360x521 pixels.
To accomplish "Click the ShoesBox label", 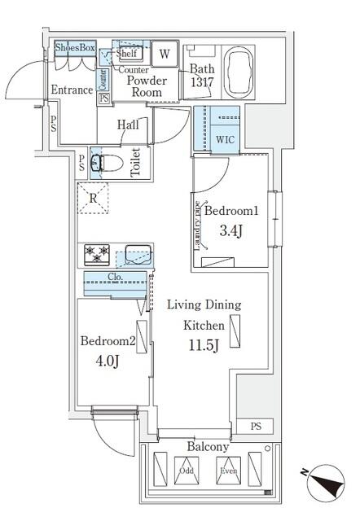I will (75, 49).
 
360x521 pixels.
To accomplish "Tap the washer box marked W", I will (164, 55).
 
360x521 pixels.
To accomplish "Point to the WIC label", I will (224, 139).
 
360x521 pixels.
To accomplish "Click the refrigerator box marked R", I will (94, 197).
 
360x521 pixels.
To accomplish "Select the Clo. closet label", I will (116, 277).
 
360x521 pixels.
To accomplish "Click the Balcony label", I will (209, 447).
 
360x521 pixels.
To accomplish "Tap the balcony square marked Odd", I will (187, 471).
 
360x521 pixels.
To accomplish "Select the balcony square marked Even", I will (228, 471).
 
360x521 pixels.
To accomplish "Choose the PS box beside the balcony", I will (256, 427).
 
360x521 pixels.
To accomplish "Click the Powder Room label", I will (147, 86).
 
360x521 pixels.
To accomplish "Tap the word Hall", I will (126, 125).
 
